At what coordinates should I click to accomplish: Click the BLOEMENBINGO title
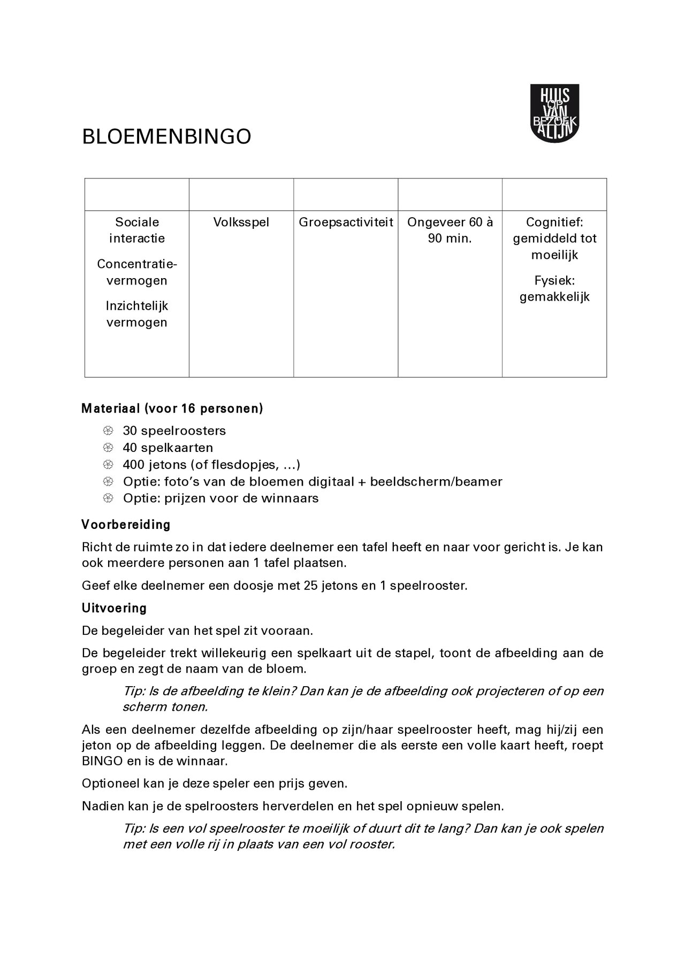click(166, 137)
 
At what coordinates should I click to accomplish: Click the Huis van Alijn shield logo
click(554, 113)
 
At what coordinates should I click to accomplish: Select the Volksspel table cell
click(241, 222)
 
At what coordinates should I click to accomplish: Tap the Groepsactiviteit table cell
click(346, 222)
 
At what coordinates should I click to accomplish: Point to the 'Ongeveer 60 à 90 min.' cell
click(450, 230)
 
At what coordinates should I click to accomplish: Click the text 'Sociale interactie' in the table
click(137, 230)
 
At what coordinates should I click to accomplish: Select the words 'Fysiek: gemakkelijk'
click(554, 289)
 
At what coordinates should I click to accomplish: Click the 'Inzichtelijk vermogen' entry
click(137, 314)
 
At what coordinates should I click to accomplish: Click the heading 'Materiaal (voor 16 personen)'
click(172, 409)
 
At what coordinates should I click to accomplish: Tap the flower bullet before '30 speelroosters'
click(108, 431)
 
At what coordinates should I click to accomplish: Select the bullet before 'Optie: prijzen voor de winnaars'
click(108, 498)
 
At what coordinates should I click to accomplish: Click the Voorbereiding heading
click(126, 525)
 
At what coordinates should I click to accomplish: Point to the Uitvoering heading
click(114, 608)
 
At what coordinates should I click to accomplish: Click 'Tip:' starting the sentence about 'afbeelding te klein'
click(134, 691)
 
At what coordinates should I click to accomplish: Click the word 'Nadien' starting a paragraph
click(103, 805)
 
